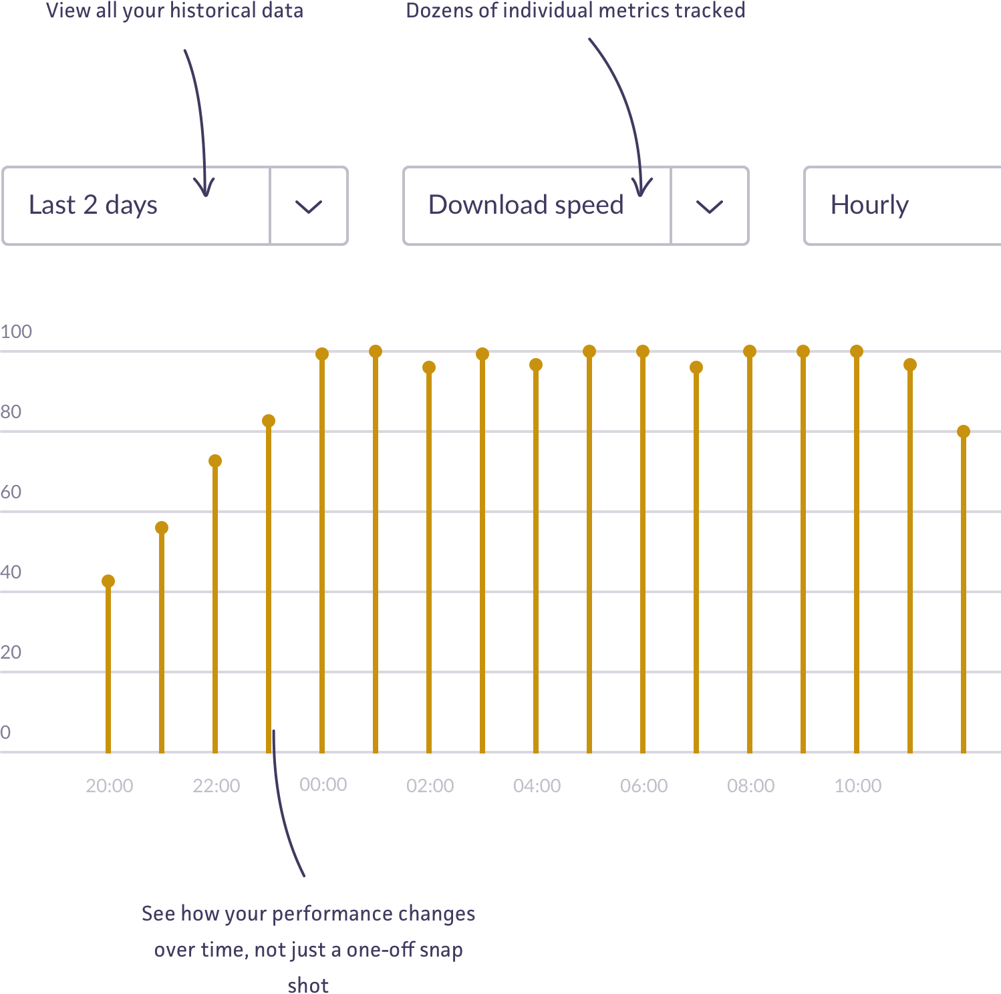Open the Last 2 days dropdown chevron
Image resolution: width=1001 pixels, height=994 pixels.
coord(308,206)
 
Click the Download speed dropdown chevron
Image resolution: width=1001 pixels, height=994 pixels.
coord(709,206)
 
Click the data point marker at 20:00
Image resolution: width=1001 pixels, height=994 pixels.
coord(108,581)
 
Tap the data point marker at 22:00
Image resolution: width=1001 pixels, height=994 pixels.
coord(215,461)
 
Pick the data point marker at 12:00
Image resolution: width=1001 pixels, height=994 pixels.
coord(964,432)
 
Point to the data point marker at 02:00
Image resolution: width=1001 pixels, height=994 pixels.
coord(429,367)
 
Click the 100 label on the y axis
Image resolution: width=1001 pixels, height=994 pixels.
coord(16,331)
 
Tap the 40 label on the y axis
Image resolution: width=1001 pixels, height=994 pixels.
coord(11,572)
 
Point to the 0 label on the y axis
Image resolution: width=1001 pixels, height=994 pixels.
coord(5,732)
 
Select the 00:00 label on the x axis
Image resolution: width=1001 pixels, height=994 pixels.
coord(323,784)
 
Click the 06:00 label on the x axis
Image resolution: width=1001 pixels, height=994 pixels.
coord(643,786)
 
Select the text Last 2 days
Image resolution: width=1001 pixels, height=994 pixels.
coord(93,205)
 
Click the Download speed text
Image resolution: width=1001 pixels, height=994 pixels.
coord(526,205)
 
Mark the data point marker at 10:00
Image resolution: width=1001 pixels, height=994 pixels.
coord(857,351)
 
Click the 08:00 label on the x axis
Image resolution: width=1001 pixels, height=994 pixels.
coord(750,786)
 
